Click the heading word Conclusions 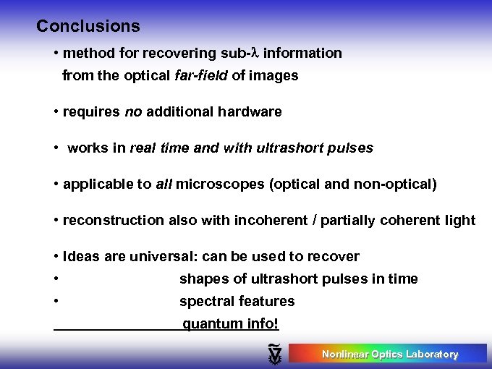coord(88,27)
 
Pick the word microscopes coord(221,184)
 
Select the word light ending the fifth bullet coord(460,221)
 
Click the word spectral coord(205,301)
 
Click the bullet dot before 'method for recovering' coord(56,54)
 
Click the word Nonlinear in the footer coord(344,354)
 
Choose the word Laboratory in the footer coord(432,354)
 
